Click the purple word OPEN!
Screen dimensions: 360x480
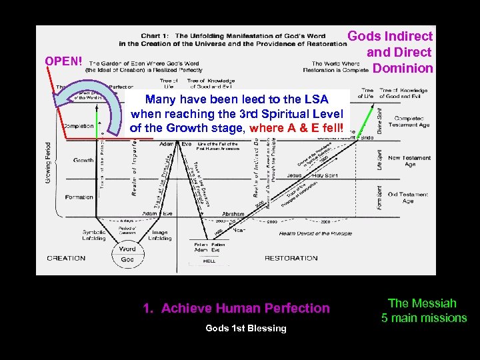coord(64,61)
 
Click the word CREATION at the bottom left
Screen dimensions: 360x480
coord(65,258)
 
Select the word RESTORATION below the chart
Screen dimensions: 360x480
coord(291,258)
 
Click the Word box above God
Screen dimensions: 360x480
coord(127,249)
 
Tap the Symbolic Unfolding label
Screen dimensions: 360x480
coord(94,235)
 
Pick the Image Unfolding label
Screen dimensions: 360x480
coord(160,235)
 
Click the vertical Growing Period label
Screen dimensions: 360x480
coord(47,163)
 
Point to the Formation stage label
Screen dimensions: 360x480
coord(79,197)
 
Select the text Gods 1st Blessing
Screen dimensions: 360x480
coord(246,328)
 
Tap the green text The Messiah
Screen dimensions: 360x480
coord(422,303)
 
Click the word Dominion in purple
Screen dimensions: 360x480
coord(403,68)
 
